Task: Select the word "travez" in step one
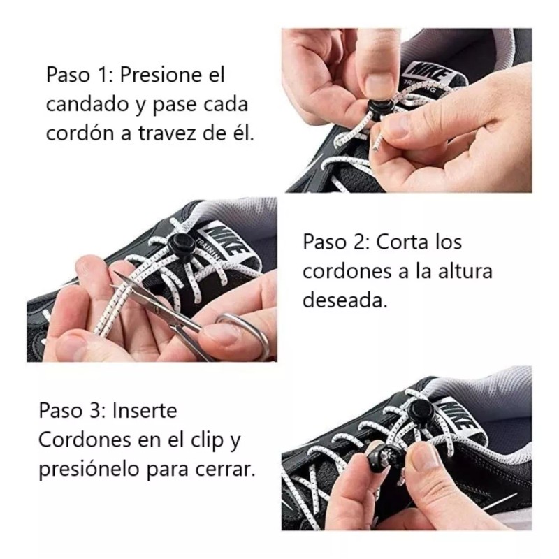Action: pyautogui.click(x=184, y=133)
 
